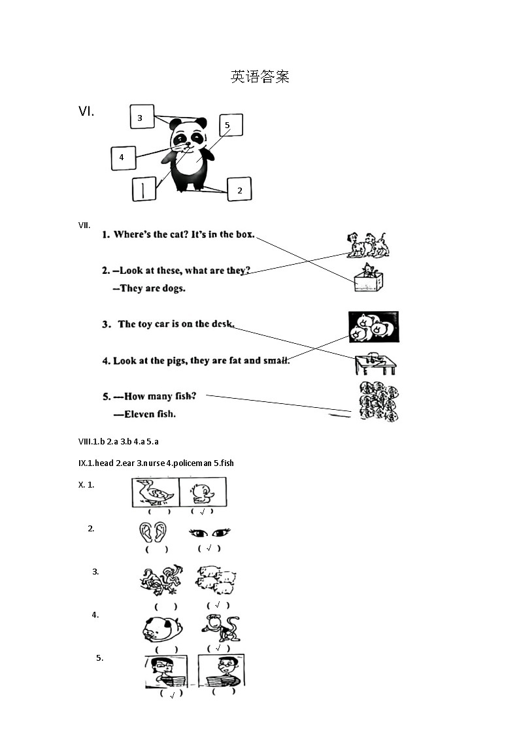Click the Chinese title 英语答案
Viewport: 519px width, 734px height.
tap(260, 76)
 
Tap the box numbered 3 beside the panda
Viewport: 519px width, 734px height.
tap(142, 117)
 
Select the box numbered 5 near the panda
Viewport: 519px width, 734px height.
tap(231, 125)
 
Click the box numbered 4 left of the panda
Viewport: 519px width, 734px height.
tap(124, 158)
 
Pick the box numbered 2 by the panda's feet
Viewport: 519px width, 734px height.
tap(239, 189)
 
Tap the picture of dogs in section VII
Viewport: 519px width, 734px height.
tap(368, 245)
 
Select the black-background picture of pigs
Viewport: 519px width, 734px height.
tap(373, 327)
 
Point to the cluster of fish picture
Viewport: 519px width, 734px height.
tap(378, 401)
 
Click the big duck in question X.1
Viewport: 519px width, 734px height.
tap(154, 492)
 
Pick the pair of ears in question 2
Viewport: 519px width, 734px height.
tap(152, 532)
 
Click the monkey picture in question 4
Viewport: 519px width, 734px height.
tap(221, 627)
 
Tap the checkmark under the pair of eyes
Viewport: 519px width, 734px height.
tap(209, 548)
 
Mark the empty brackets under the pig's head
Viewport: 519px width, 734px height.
tap(166, 649)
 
